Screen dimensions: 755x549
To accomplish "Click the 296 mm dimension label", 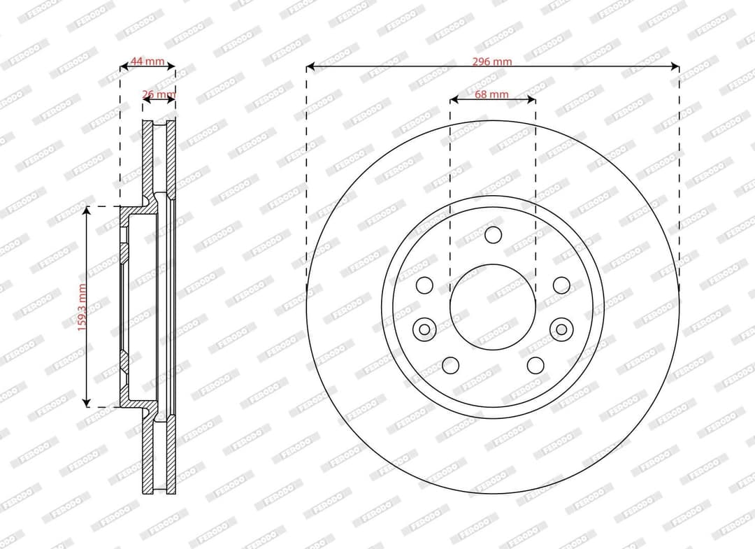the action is tap(491, 61).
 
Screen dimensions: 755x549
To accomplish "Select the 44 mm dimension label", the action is tap(148, 62).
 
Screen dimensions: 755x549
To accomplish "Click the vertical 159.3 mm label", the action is tap(82, 307).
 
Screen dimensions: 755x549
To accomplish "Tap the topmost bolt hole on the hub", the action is tap(493, 235).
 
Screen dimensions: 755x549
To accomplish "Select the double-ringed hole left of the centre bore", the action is tap(424, 329).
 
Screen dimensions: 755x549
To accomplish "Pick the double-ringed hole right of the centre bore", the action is tap(561, 329).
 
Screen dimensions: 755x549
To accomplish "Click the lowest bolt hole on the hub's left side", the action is tap(451, 366).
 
